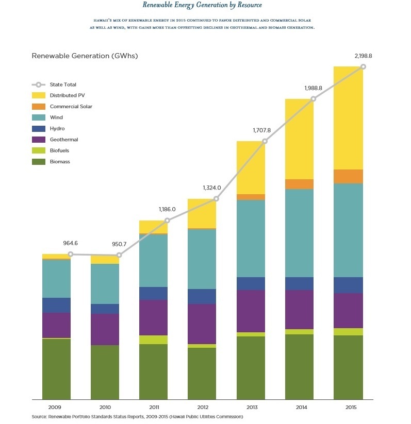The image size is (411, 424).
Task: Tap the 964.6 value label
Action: coord(70,242)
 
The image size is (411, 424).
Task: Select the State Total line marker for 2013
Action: coord(265,141)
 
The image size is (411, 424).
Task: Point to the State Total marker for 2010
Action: coord(119,255)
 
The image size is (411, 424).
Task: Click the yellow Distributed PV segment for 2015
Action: coord(348,118)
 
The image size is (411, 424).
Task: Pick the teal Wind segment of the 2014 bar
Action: coord(299,233)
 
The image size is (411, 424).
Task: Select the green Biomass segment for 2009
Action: coord(56,368)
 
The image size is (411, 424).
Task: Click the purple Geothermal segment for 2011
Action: coord(153,317)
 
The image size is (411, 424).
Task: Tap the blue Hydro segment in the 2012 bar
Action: coord(202,296)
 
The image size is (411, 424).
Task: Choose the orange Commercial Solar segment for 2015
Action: coord(348,176)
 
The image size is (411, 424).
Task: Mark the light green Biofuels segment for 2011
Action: coord(153,340)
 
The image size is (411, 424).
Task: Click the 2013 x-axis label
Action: coord(251,407)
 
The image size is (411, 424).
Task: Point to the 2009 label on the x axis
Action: coord(56,407)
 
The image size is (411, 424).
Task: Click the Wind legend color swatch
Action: coord(39,117)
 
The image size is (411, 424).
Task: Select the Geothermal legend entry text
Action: coord(64,140)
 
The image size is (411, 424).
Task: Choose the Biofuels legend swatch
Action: coord(39,150)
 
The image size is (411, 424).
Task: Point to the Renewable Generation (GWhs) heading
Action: coord(85,56)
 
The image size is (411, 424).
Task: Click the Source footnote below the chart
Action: coord(137,417)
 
